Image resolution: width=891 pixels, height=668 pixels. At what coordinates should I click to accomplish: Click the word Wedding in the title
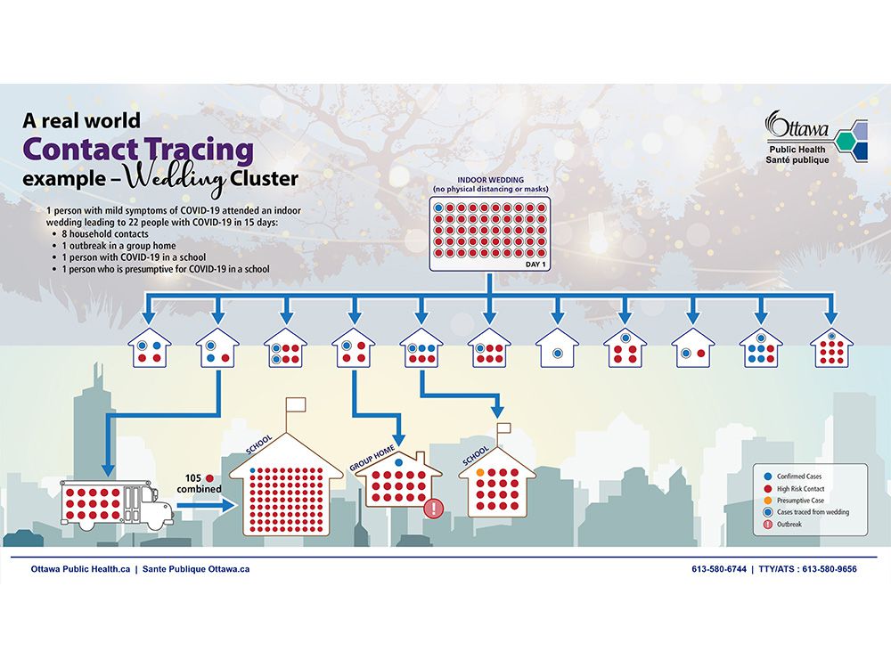(x=175, y=181)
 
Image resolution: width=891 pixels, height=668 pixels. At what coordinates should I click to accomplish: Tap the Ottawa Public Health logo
(x=816, y=137)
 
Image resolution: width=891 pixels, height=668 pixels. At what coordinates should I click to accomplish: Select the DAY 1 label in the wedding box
(x=535, y=265)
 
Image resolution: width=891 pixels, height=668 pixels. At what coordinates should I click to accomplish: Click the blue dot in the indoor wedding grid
(x=438, y=208)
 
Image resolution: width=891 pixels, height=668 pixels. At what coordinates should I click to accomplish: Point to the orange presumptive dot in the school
(x=480, y=473)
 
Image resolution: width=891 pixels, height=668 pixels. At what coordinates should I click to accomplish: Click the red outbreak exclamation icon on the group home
(x=434, y=508)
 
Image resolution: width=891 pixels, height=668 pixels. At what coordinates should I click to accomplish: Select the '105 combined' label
(x=199, y=484)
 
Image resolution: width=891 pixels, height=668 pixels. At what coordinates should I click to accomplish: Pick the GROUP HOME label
(x=372, y=459)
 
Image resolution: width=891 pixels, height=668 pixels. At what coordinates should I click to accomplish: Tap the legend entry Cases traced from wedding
(x=806, y=512)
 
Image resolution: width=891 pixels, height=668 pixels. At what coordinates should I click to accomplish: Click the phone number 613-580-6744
(x=719, y=569)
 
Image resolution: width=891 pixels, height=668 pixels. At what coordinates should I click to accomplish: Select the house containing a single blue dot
(x=558, y=347)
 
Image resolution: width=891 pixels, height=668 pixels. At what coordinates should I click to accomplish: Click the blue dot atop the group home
(x=398, y=463)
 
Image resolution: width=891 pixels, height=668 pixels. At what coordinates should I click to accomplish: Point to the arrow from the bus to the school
(x=207, y=505)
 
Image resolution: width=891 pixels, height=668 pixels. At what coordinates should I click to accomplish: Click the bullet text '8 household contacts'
(x=105, y=234)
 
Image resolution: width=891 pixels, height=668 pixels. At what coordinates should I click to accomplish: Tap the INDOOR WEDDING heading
(x=490, y=180)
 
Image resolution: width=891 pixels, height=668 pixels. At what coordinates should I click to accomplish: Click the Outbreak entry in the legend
(x=783, y=525)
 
